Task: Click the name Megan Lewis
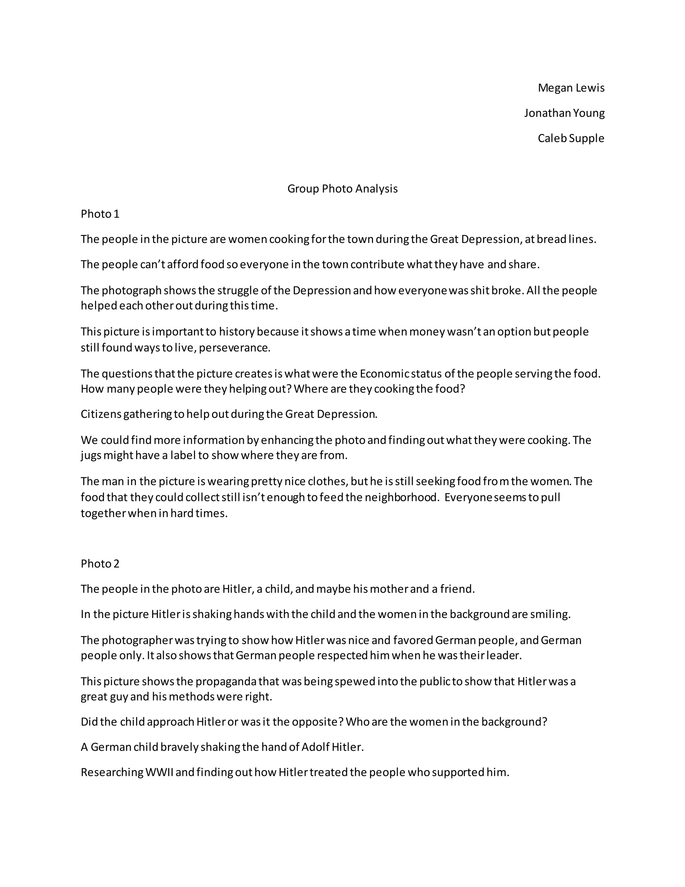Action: [x=571, y=88]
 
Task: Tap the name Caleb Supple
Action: [x=571, y=138]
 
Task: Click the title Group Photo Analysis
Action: [x=342, y=188]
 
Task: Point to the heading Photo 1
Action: [x=100, y=214]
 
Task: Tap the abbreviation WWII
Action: [x=159, y=772]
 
